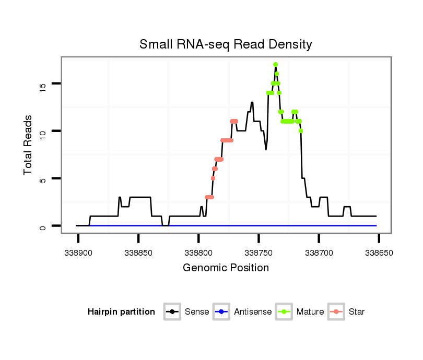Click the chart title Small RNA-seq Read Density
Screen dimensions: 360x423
226,44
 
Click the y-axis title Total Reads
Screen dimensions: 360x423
29,145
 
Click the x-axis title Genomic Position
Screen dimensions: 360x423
226,268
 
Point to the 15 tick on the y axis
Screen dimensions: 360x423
43,83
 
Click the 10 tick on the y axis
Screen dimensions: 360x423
43,131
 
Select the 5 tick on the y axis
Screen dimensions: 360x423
43,178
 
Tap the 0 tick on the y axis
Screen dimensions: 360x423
43,226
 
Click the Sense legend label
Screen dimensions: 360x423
197,312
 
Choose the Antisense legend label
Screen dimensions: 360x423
253,312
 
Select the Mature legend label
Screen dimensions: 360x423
310,312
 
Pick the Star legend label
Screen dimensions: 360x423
357,312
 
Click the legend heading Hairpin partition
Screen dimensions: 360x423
122,312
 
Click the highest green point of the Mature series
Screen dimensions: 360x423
275,64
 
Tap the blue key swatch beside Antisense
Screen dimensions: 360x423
222,312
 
